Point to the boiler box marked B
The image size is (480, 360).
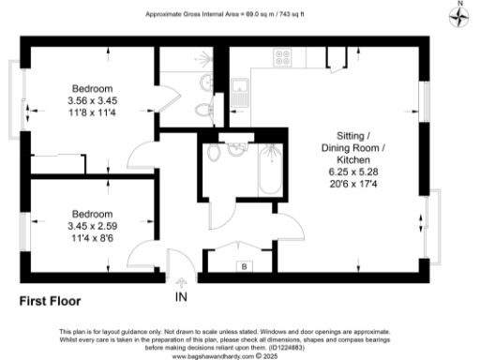[245, 266]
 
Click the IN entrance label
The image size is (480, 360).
[182, 297]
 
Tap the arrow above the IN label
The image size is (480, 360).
[182, 280]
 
